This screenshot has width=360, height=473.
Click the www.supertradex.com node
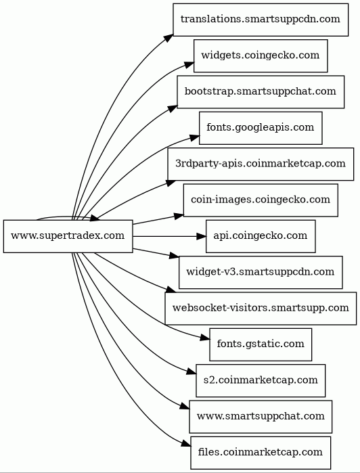click(x=68, y=236)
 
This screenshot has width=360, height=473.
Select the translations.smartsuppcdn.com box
click(x=261, y=20)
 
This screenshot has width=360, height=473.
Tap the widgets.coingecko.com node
click(x=261, y=55)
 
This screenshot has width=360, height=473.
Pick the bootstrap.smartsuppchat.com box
click(x=261, y=92)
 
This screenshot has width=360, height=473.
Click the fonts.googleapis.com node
click(x=261, y=128)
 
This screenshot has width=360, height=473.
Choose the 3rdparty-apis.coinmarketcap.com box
click(x=261, y=164)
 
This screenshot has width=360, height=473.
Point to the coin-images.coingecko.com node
click(x=261, y=200)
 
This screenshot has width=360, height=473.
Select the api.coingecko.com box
click(x=261, y=236)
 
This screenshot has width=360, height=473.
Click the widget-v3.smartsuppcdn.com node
click(x=261, y=273)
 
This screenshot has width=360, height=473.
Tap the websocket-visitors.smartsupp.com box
click(x=261, y=309)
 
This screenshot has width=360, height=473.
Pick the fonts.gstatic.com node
click(x=261, y=344)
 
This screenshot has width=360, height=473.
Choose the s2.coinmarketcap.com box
click(x=261, y=381)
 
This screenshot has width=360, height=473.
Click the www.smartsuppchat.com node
click(x=261, y=417)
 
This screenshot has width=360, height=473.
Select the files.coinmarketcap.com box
click(x=261, y=453)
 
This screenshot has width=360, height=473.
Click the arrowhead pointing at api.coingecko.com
click(x=201, y=236)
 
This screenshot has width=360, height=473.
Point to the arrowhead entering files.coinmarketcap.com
click(x=186, y=443)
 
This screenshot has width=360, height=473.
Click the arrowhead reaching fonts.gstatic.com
click(x=205, y=338)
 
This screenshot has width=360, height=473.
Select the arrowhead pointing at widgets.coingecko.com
click(x=189, y=64)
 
